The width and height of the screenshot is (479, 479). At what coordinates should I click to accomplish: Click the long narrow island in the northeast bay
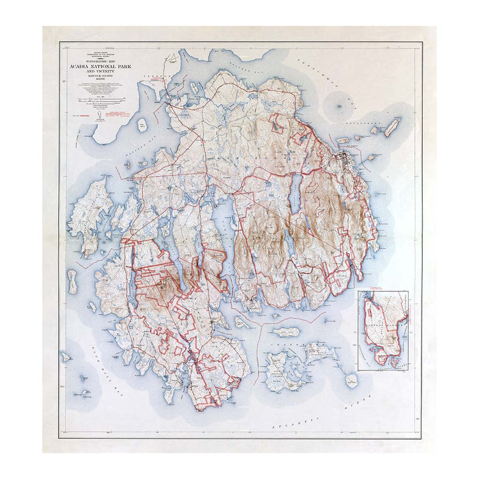391,126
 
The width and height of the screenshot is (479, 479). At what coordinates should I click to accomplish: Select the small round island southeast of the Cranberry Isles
351,381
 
